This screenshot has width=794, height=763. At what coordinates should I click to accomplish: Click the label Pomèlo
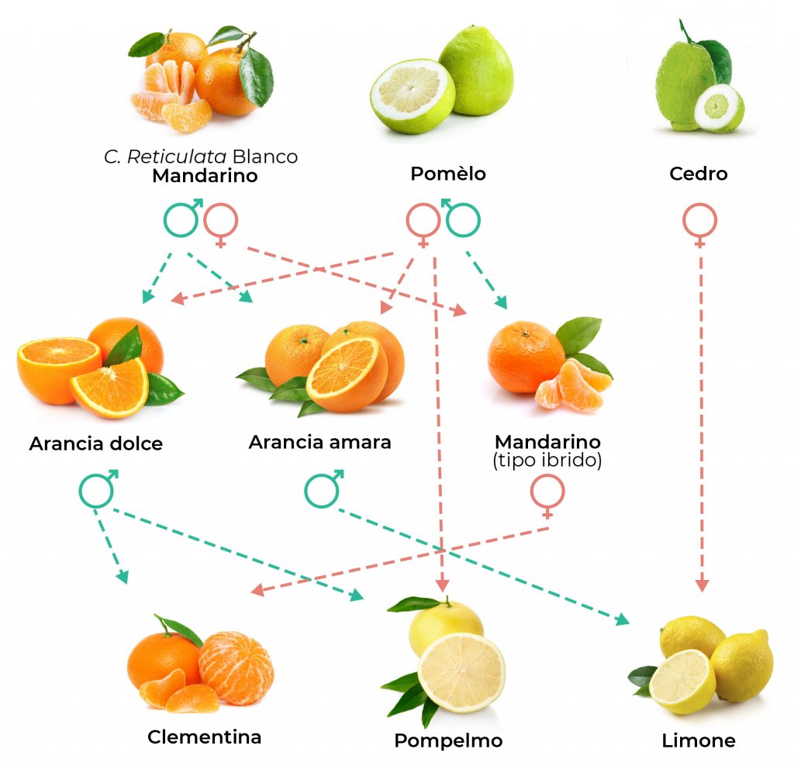(447, 174)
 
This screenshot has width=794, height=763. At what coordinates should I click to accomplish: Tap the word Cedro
(699, 174)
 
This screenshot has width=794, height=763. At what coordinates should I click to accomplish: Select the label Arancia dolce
(96, 444)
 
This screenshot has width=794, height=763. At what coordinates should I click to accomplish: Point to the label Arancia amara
(319, 442)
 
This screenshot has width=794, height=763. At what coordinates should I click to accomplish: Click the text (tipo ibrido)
(547, 461)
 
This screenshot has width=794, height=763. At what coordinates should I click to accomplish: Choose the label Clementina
(204, 736)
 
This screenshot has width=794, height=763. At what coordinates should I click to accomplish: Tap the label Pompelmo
(448, 741)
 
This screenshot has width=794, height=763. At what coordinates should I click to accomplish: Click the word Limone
(699, 741)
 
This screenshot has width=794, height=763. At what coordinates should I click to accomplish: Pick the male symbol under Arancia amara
(323, 489)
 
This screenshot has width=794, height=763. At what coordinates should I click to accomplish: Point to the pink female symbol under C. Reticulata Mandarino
(221, 223)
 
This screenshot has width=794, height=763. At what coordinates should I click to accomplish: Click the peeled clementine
(236, 667)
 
